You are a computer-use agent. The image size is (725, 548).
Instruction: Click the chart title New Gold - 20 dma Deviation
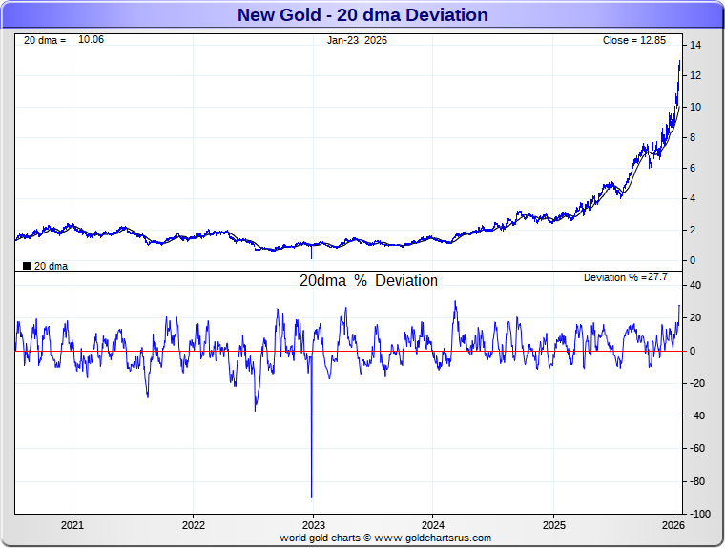pyautogui.click(x=362, y=15)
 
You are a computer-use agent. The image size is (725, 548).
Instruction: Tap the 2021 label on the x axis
pyautogui.click(x=72, y=525)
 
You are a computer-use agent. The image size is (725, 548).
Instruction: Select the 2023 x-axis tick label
pyautogui.click(x=314, y=525)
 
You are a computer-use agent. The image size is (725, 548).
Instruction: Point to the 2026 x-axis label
pyautogui.click(x=673, y=525)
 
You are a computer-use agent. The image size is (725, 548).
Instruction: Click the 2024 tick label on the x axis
pyautogui.click(x=433, y=525)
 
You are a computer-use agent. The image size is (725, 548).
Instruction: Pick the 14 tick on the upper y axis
pyautogui.click(x=695, y=46)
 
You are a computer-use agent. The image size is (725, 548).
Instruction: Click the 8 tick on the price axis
pyautogui.click(x=694, y=137)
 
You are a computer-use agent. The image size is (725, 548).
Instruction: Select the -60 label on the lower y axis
pyautogui.click(x=697, y=448)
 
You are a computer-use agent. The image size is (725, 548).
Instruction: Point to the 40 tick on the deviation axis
pyautogui.click(x=696, y=285)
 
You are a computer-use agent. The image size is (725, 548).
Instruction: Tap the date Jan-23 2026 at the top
pyautogui.click(x=358, y=40)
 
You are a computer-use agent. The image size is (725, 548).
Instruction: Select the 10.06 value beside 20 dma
pyautogui.click(x=91, y=40)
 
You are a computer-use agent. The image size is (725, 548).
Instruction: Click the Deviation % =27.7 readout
pyautogui.click(x=625, y=277)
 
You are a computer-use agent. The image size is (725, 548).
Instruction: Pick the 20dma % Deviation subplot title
pyautogui.click(x=368, y=281)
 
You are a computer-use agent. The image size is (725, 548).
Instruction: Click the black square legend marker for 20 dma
pyautogui.click(x=27, y=266)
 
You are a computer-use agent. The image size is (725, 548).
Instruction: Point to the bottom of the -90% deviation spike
pyautogui.click(x=312, y=497)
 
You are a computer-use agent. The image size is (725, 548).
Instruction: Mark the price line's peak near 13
pyautogui.click(x=679, y=61)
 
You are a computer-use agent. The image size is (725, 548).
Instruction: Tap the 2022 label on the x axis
pyautogui.click(x=194, y=525)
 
